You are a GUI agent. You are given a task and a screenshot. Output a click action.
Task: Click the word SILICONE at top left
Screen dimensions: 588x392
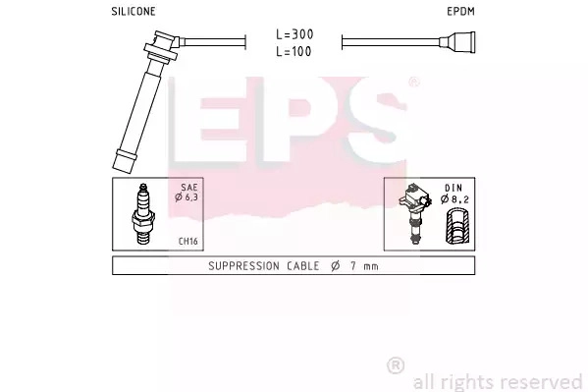(134, 11)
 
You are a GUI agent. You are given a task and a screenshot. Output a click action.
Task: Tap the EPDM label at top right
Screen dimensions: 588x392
(460, 11)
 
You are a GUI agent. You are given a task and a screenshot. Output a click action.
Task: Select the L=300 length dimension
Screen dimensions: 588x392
(294, 34)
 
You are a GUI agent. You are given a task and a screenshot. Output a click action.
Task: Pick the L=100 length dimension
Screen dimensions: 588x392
(294, 51)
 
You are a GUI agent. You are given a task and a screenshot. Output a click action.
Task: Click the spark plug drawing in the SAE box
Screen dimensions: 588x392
(143, 213)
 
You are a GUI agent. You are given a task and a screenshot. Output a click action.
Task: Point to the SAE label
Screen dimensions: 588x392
(189, 187)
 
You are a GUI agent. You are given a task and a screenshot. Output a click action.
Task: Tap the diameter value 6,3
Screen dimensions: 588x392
(190, 197)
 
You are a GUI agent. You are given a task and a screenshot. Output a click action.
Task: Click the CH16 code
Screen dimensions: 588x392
(187, 241)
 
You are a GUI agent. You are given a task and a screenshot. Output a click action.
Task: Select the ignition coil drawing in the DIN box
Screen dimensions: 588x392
(414, 213)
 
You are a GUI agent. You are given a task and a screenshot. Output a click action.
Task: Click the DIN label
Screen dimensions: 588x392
(454, 188)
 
